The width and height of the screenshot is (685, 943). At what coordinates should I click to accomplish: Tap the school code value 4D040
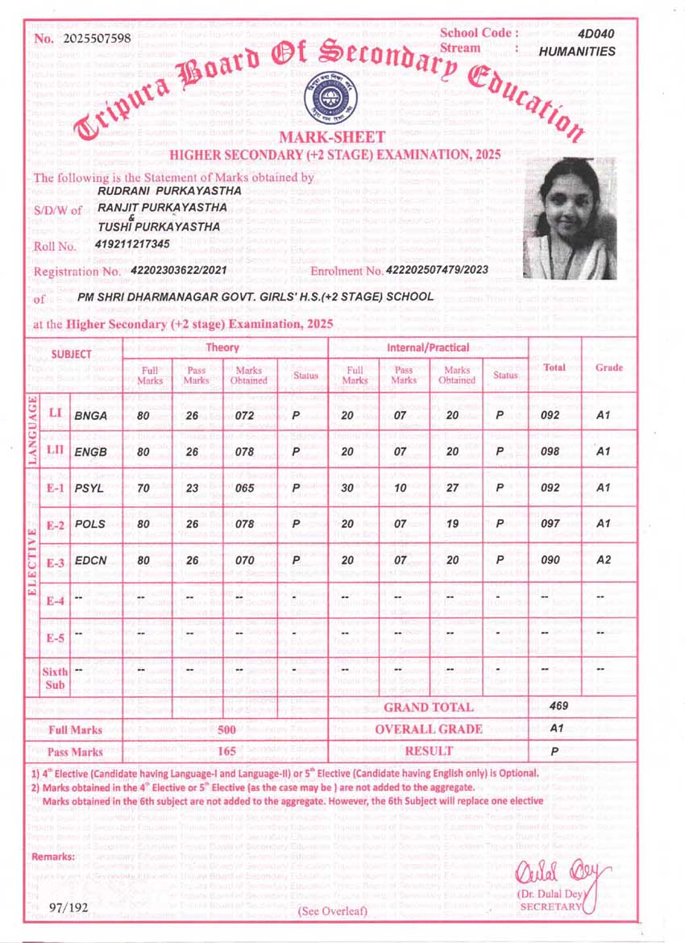tap(596, 33)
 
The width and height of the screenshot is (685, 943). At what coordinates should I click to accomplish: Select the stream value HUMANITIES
tap(576, 51)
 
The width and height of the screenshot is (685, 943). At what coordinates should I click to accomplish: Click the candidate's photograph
tap(570, 218)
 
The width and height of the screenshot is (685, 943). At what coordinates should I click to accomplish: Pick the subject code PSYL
tap(89, 488)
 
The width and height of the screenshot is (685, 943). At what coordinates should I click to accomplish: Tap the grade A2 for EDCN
tap(602, 561)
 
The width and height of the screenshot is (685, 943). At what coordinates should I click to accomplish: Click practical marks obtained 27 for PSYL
tap(455, 488)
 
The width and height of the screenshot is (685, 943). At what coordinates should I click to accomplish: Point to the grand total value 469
tap(558, 705)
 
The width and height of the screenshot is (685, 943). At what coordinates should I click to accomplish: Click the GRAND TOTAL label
tap(428, 708)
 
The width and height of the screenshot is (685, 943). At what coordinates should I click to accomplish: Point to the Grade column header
tap(608, 368)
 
